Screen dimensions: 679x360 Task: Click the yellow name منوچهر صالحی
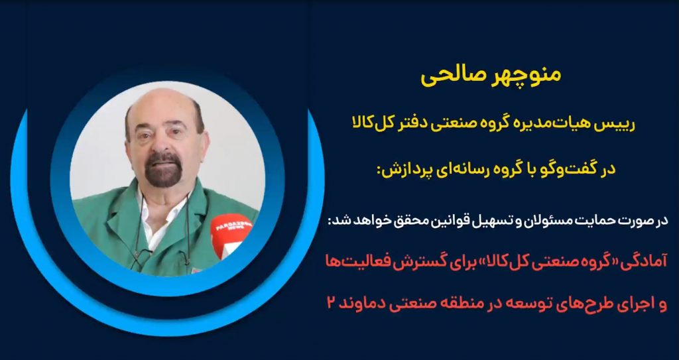491,74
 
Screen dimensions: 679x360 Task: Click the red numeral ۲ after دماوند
332,303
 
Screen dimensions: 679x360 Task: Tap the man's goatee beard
163,170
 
